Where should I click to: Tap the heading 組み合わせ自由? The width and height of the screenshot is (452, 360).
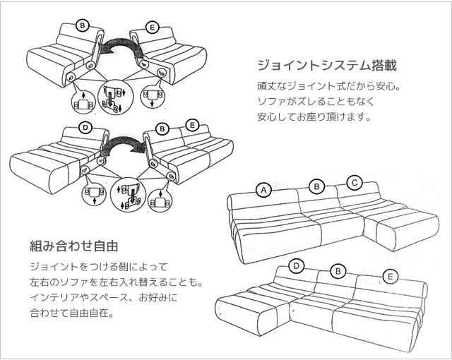point(73,246)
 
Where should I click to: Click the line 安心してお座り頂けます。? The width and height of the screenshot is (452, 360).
point(314,116)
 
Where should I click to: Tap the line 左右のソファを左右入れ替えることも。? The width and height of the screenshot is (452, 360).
point(116,282)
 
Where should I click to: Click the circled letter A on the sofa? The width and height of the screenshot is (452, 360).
point(263,190)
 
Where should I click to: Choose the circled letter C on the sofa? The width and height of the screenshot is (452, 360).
point(355,184)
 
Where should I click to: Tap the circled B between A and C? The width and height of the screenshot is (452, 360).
point(317,186)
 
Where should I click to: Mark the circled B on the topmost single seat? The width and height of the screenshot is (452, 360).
point(83,27)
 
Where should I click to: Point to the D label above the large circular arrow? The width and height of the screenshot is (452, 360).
point(85,128)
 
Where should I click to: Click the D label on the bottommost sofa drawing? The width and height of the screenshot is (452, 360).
point(297,266)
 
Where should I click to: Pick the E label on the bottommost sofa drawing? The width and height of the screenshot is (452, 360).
point(389,276)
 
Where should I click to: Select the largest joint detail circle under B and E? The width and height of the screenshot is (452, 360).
point(114,97)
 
